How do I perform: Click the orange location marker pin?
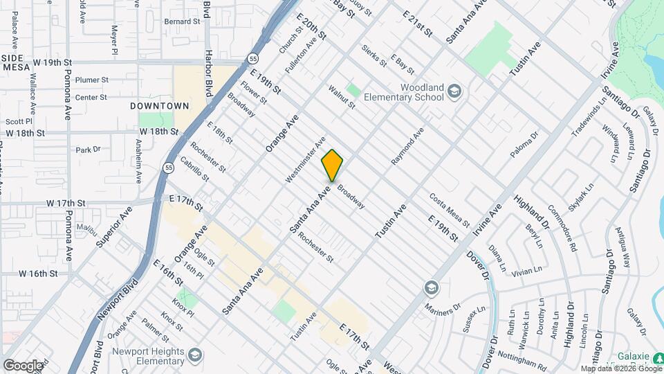coord(332,166)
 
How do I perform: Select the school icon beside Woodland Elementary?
coord(454,91)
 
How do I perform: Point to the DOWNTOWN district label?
coord(159,106)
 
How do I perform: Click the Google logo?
coord(23,365)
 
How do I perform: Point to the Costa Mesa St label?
coord(449,211)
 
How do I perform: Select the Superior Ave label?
coord(115,226)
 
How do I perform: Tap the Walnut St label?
coord(342,98)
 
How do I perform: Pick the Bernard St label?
coord(182,21)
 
